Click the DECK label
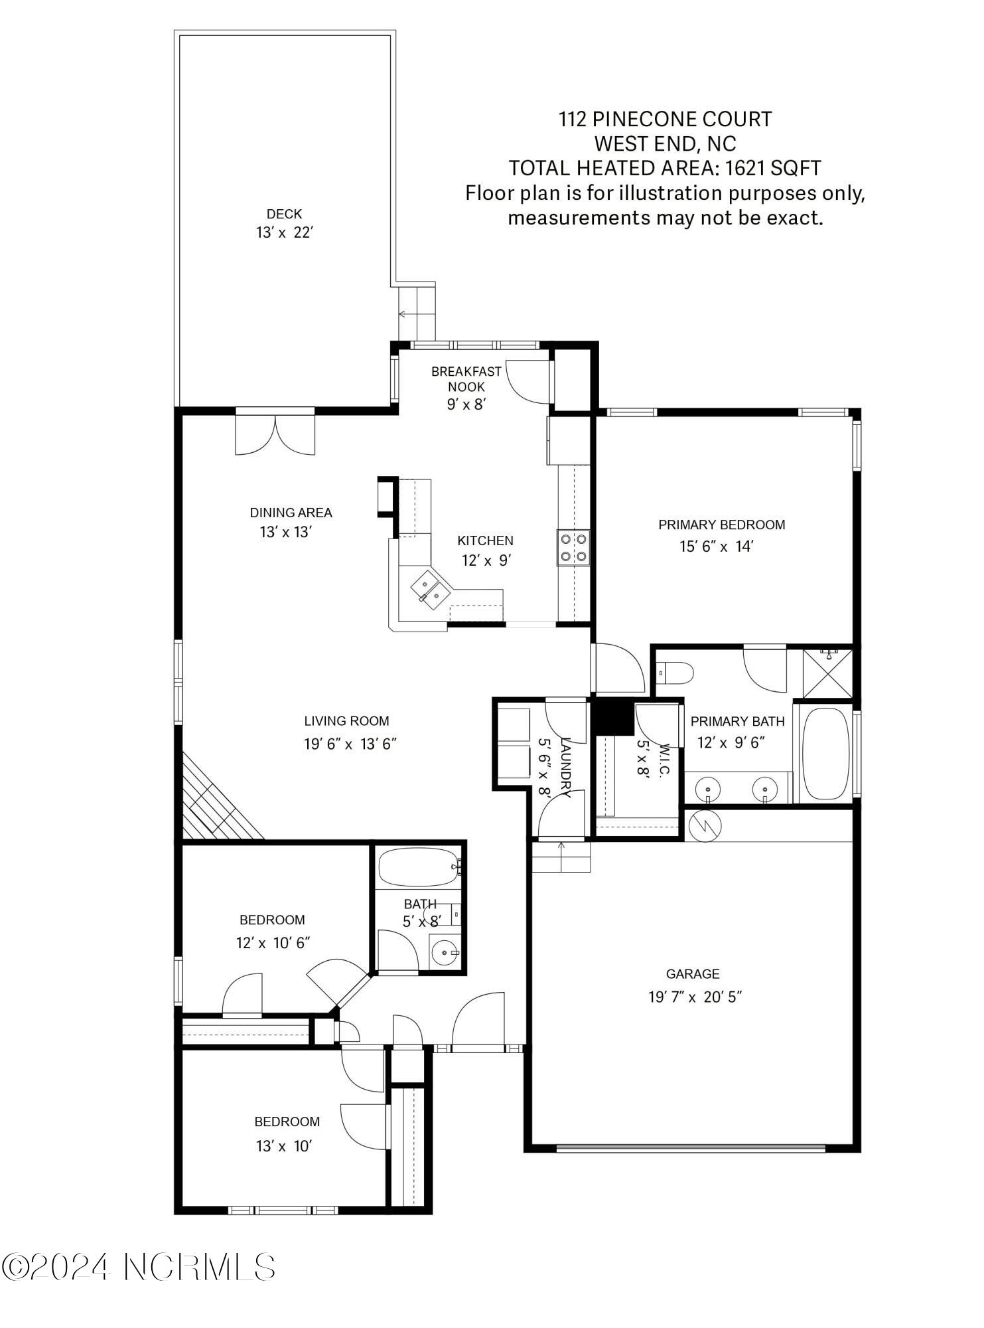pos(284,214)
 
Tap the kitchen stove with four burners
pos(573,548)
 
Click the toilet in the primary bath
pos(675,673)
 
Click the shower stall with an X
pos(827,673)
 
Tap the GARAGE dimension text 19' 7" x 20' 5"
pos(694,997)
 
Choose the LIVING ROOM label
pos(346,720)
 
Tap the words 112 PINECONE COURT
pos(665,120)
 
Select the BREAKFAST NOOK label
pos(466,378)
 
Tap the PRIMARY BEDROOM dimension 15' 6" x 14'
pos(717,546)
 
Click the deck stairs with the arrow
pos(417,313)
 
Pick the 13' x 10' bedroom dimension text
pos(283,1146)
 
